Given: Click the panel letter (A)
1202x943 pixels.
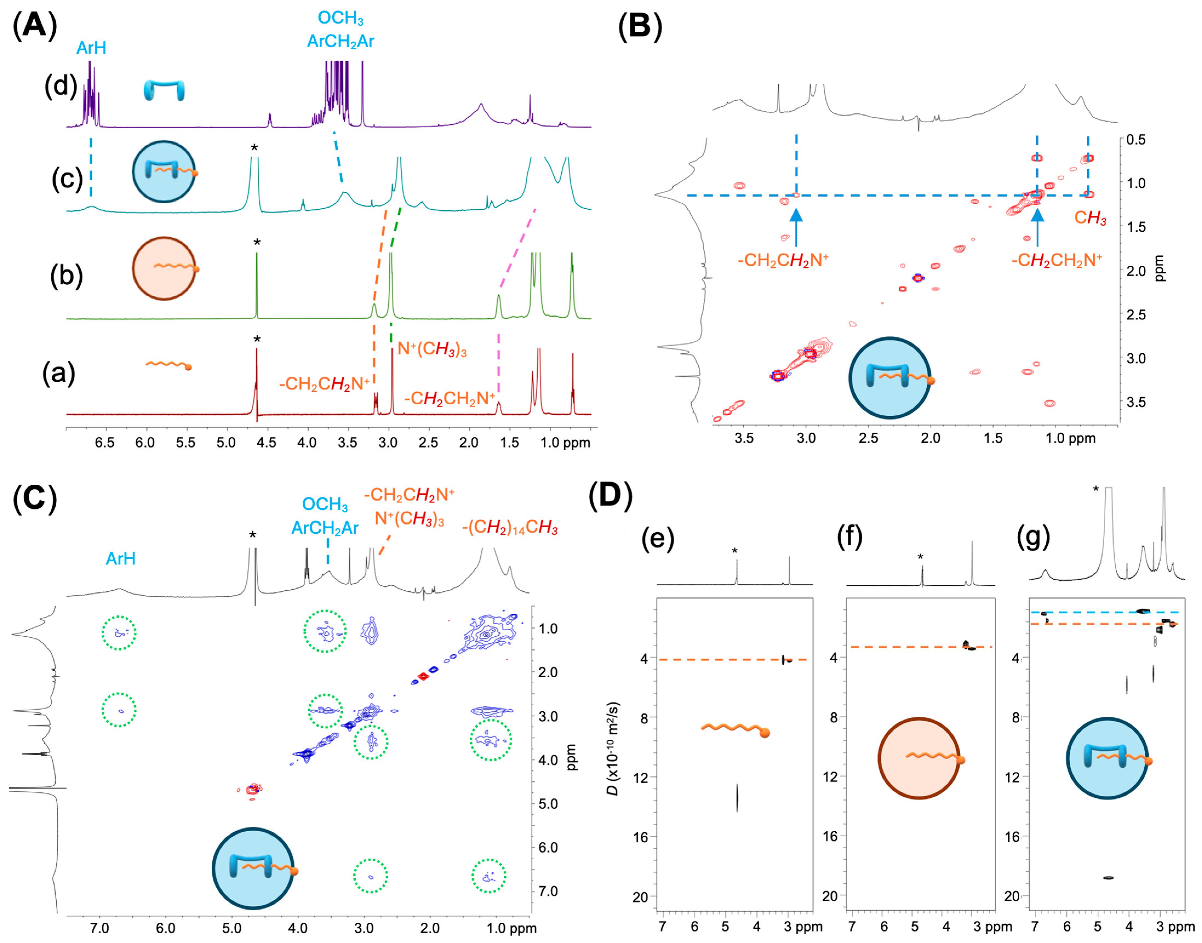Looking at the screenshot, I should click(34, 26).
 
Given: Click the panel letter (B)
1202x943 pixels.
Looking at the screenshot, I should click(639, 26).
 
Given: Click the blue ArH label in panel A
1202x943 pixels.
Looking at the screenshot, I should click(91, 48).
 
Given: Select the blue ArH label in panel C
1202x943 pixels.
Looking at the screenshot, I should click(121, 559).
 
